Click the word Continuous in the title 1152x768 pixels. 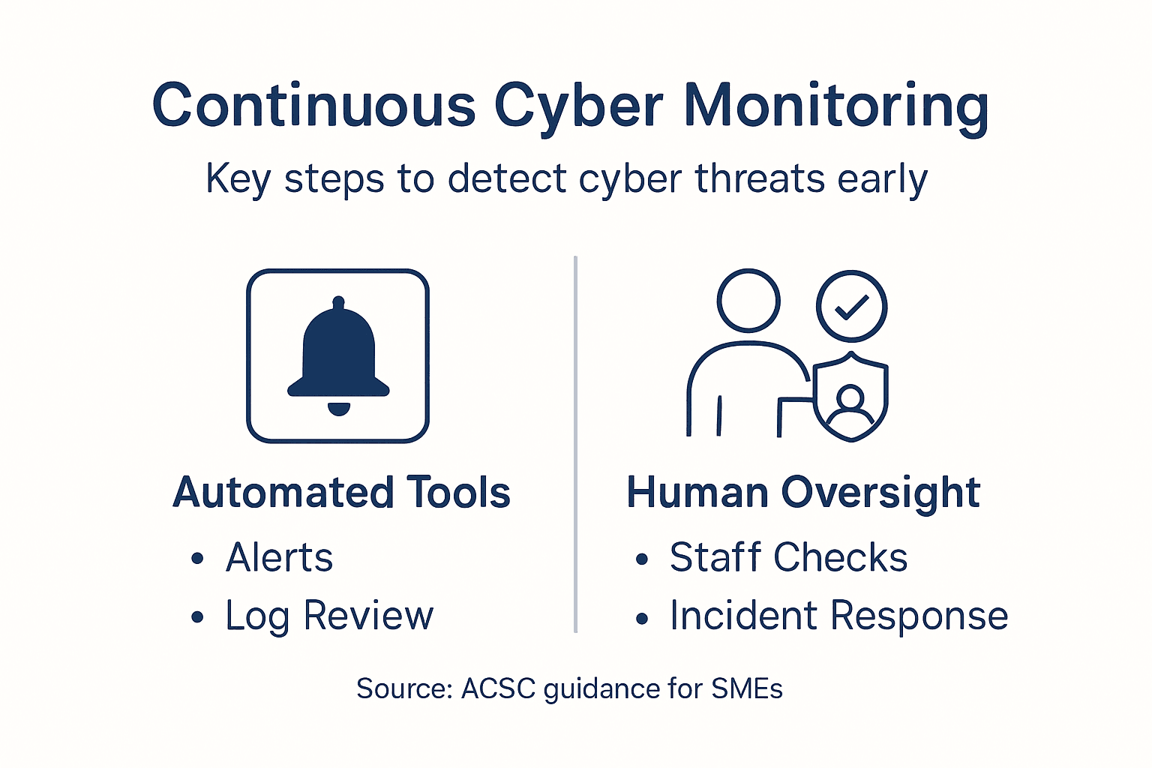pyautogui.click(x=313, y=105)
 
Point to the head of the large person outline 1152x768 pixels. pyautogui.click(x=748, y=300)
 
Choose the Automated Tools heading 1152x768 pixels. pyautogui.click(x=342, y=493)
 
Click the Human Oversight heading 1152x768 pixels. pyautogui.click(x=803, y=493)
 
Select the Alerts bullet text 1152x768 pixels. pyautogui.click(x=279, y=557)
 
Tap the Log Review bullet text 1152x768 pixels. pyautogui.click(x=329, y=616)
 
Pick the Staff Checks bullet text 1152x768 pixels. pyautogui.click(x=788, y=557)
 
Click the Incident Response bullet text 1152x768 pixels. pyautogui.click(x=838, y=616)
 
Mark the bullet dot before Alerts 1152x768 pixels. pyautogui.click(x=197, y=559)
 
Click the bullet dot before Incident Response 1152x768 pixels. pyautogui.click(x=642, y=619)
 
